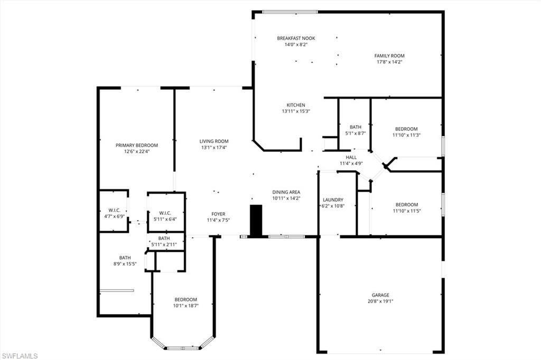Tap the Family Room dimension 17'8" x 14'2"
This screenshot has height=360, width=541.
click(x=389, y=62)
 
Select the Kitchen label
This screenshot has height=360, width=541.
click(x=296, y=105)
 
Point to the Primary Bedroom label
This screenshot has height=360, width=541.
click(x=137, y=145)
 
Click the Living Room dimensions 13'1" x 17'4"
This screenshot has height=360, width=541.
click(x=214, y=147)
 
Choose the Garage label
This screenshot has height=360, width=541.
click(x=380, y=295)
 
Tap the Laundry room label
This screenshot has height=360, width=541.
click(x=333, y=200)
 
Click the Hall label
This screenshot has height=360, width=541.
click(x=351, y=157)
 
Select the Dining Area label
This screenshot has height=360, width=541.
click(x=286, y=192)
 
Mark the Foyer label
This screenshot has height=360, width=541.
click(x=218, y=214)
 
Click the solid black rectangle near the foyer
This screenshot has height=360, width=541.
click(x=256, y=221)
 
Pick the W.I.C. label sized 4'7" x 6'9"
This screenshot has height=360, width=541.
click(x=114, y=210)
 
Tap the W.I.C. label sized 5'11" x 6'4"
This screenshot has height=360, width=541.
click(x=166, y=213)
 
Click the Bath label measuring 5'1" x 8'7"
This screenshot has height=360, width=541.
click(x=355, y=127)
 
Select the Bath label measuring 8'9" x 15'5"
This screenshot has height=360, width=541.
click(x=125, y=258)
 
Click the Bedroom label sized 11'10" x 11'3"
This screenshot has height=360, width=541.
click(x=406, y=129)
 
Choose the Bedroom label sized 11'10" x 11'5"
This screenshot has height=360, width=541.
click(x=407, y=205)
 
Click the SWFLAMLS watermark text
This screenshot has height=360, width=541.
click(x=20, y=356)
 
